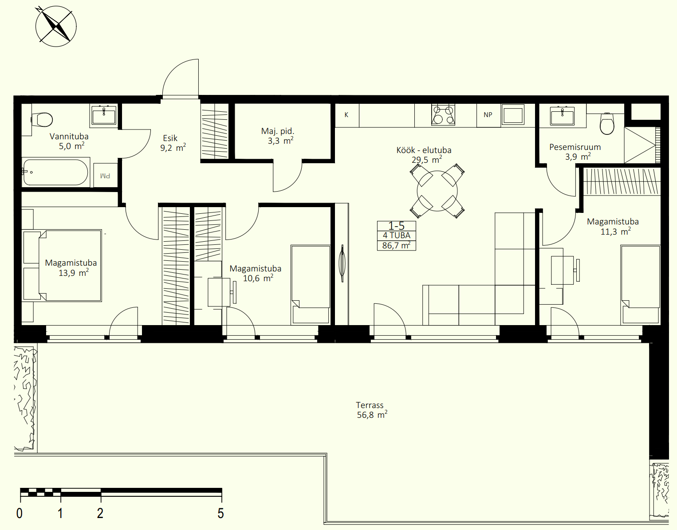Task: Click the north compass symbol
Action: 56,27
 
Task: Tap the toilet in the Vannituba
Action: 42,120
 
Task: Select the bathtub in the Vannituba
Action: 56,172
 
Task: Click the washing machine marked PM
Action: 105,176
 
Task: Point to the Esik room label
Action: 170,138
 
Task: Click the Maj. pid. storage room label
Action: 278,131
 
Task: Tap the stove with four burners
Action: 443,114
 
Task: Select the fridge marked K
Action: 347,115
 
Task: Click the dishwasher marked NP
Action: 488,115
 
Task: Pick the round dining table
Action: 437,191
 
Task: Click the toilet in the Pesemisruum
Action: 607,123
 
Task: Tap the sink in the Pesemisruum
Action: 563,115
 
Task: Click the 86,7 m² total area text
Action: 396,245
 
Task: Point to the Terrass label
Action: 370,405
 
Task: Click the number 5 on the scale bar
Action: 220,514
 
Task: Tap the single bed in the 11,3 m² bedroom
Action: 640,285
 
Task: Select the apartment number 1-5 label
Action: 396,225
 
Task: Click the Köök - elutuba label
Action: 424,150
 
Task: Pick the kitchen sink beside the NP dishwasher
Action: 513,115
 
